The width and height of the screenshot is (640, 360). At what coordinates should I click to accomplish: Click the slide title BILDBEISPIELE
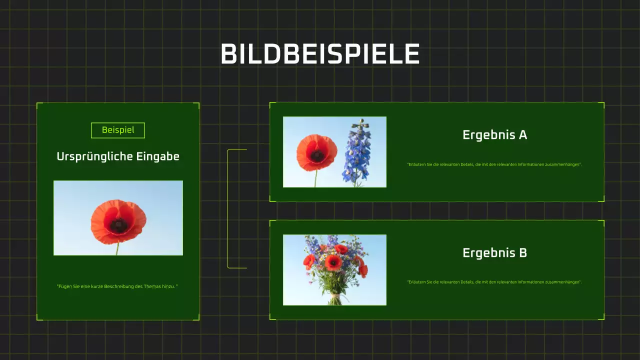click(x=320, y=54)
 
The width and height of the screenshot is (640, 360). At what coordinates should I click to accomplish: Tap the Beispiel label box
click(x=118, y=130)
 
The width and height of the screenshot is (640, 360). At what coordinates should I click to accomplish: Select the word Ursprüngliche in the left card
click(x=88, y=156)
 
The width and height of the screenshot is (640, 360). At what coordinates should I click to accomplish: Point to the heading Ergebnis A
click(x=494, y=135)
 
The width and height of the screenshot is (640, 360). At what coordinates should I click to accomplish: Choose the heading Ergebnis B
click(x=494, y=253)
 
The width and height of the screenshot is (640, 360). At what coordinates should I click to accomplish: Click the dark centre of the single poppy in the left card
click(x=118, y=225)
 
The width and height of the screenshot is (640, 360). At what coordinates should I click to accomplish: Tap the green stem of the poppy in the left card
click(x=117, y=249)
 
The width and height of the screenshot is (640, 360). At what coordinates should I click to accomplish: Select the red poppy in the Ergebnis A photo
click(x=316, y=152)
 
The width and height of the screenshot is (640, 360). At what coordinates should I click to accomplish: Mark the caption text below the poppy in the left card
click(x=117, y=286)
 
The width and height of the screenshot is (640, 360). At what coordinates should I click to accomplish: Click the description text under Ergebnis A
click(x=494, y=164)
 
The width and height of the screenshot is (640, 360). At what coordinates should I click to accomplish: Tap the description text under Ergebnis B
click(x=494, y=282)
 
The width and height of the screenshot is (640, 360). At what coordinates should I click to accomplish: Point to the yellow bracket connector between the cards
click(x=228, y=208)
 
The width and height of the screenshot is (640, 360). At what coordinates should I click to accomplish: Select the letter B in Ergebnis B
click(x=522, y=253)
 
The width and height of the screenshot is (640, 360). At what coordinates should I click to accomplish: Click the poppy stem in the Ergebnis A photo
click(x=315, y=178)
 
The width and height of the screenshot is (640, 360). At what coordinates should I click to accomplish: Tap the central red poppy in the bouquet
click(x=333, y=262)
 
